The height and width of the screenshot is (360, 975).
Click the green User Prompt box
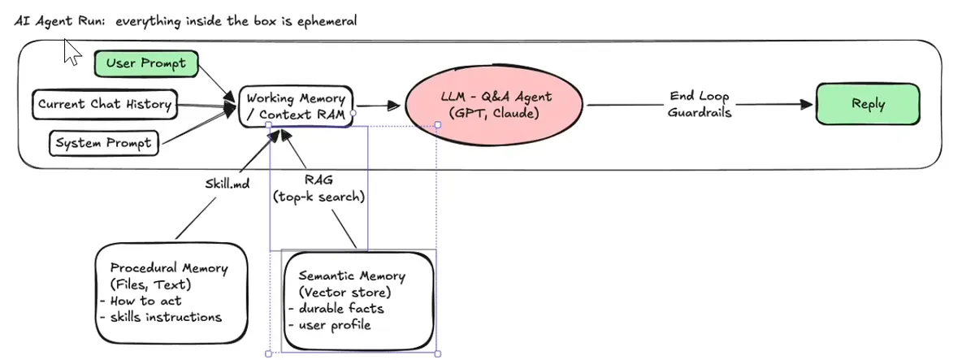coord(146,64)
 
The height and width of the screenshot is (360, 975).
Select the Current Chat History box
coord(105,105)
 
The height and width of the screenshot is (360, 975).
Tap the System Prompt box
coord(104,143)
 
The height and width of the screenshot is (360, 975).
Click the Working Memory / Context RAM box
coord(296,106)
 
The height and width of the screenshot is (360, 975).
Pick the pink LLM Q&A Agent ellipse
coord(494,105)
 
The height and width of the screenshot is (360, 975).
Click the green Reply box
coord(868,104)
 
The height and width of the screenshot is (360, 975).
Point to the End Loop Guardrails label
coord(700,105)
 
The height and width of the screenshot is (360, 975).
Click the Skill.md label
coord(227,184)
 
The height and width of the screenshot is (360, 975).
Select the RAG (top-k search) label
coord(318,189)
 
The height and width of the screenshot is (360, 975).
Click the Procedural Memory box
coord(171,293)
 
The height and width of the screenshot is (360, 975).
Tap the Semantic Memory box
coord(358,301)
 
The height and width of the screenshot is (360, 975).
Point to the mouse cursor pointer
coord(72,52)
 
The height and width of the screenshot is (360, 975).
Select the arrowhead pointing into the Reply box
coord(806,104)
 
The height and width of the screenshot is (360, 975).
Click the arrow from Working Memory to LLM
coord(378,106)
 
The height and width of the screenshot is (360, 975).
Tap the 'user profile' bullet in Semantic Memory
coord(330,325)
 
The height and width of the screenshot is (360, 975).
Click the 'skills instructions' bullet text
coord(161,317)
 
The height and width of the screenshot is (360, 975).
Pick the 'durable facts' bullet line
coord(336,309)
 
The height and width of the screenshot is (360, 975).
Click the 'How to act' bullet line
coord(141,301)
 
